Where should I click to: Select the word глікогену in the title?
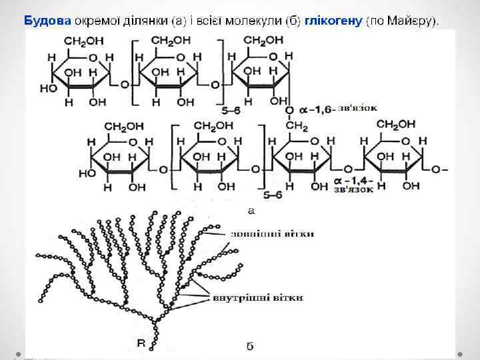click(333, 20)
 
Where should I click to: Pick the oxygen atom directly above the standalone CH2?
click(289, 109)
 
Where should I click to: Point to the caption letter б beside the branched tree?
click(249, 346)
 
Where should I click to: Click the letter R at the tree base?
click(141, 343)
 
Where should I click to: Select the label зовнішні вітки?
click(272, 233)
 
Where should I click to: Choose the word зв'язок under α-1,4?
click(353, 189)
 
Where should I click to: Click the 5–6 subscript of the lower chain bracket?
click(273, 195)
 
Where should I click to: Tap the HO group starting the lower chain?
click(87, 172)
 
